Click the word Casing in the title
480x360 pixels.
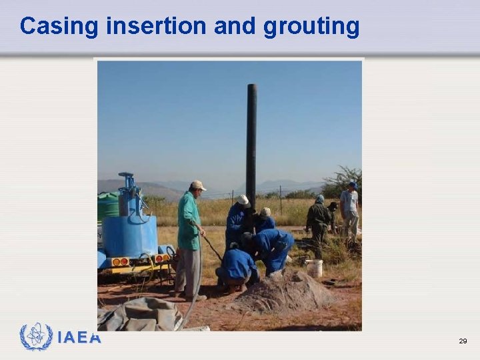59,26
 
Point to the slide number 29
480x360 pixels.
463,341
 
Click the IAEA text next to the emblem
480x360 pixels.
79,338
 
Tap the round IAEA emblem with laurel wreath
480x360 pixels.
36,337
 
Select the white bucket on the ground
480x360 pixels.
314,268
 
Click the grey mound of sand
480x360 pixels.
283,293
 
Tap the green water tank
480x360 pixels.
107,207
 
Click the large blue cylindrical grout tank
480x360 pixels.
129,235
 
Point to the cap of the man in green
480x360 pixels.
197,185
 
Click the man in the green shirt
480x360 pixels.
189,233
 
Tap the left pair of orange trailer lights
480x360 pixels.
121,262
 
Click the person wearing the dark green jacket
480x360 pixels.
319,220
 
